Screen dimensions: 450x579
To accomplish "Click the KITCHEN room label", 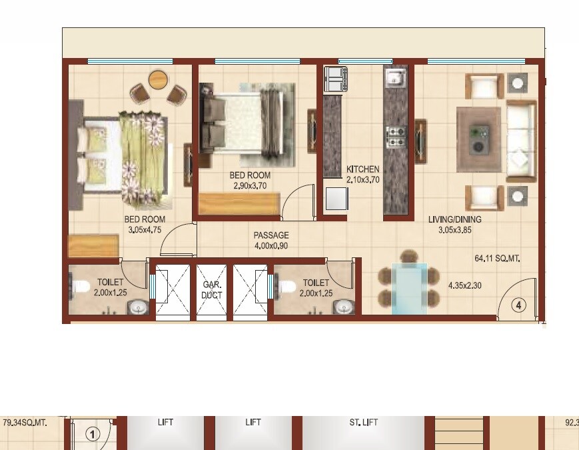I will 363,169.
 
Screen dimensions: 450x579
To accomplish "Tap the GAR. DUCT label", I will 212,289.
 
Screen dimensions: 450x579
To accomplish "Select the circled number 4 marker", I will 519,305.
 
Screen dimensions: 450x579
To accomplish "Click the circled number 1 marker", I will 93,434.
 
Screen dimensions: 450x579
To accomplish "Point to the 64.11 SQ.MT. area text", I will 496,257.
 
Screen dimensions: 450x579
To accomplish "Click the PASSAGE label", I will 271,235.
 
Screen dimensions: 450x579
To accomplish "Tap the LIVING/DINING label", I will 455,219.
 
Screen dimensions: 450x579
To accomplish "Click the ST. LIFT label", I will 363,422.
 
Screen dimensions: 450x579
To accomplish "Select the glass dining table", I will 408,288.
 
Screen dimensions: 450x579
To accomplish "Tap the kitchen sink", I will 395,79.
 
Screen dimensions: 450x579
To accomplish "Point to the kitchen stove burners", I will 395,136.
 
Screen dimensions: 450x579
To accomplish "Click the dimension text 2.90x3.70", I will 250,186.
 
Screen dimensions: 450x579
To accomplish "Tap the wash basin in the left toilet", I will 138,307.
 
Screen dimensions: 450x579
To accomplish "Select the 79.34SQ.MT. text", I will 25,422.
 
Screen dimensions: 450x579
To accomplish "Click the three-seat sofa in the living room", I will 521,141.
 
